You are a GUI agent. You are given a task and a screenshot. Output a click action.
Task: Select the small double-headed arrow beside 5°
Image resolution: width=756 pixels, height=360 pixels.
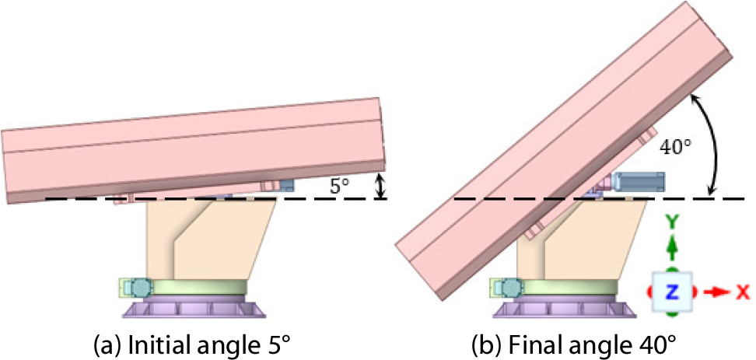pos(381,186)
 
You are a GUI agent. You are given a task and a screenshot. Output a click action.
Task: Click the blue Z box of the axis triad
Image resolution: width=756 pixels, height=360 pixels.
pos(672,291)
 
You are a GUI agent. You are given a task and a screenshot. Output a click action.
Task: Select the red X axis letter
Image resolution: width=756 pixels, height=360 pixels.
pos(744,292)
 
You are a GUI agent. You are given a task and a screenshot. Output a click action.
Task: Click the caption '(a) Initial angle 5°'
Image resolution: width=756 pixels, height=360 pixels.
pos(192,345)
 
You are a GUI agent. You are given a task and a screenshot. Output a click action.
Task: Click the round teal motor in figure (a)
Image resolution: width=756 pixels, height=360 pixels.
pos(142,288)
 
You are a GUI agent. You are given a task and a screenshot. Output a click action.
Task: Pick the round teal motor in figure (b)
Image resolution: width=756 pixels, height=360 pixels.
pos(511,288)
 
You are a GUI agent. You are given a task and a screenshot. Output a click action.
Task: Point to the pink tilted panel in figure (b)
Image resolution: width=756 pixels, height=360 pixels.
pos(563,151)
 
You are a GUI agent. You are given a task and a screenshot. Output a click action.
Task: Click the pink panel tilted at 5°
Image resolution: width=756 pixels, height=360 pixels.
pos(194,150)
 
